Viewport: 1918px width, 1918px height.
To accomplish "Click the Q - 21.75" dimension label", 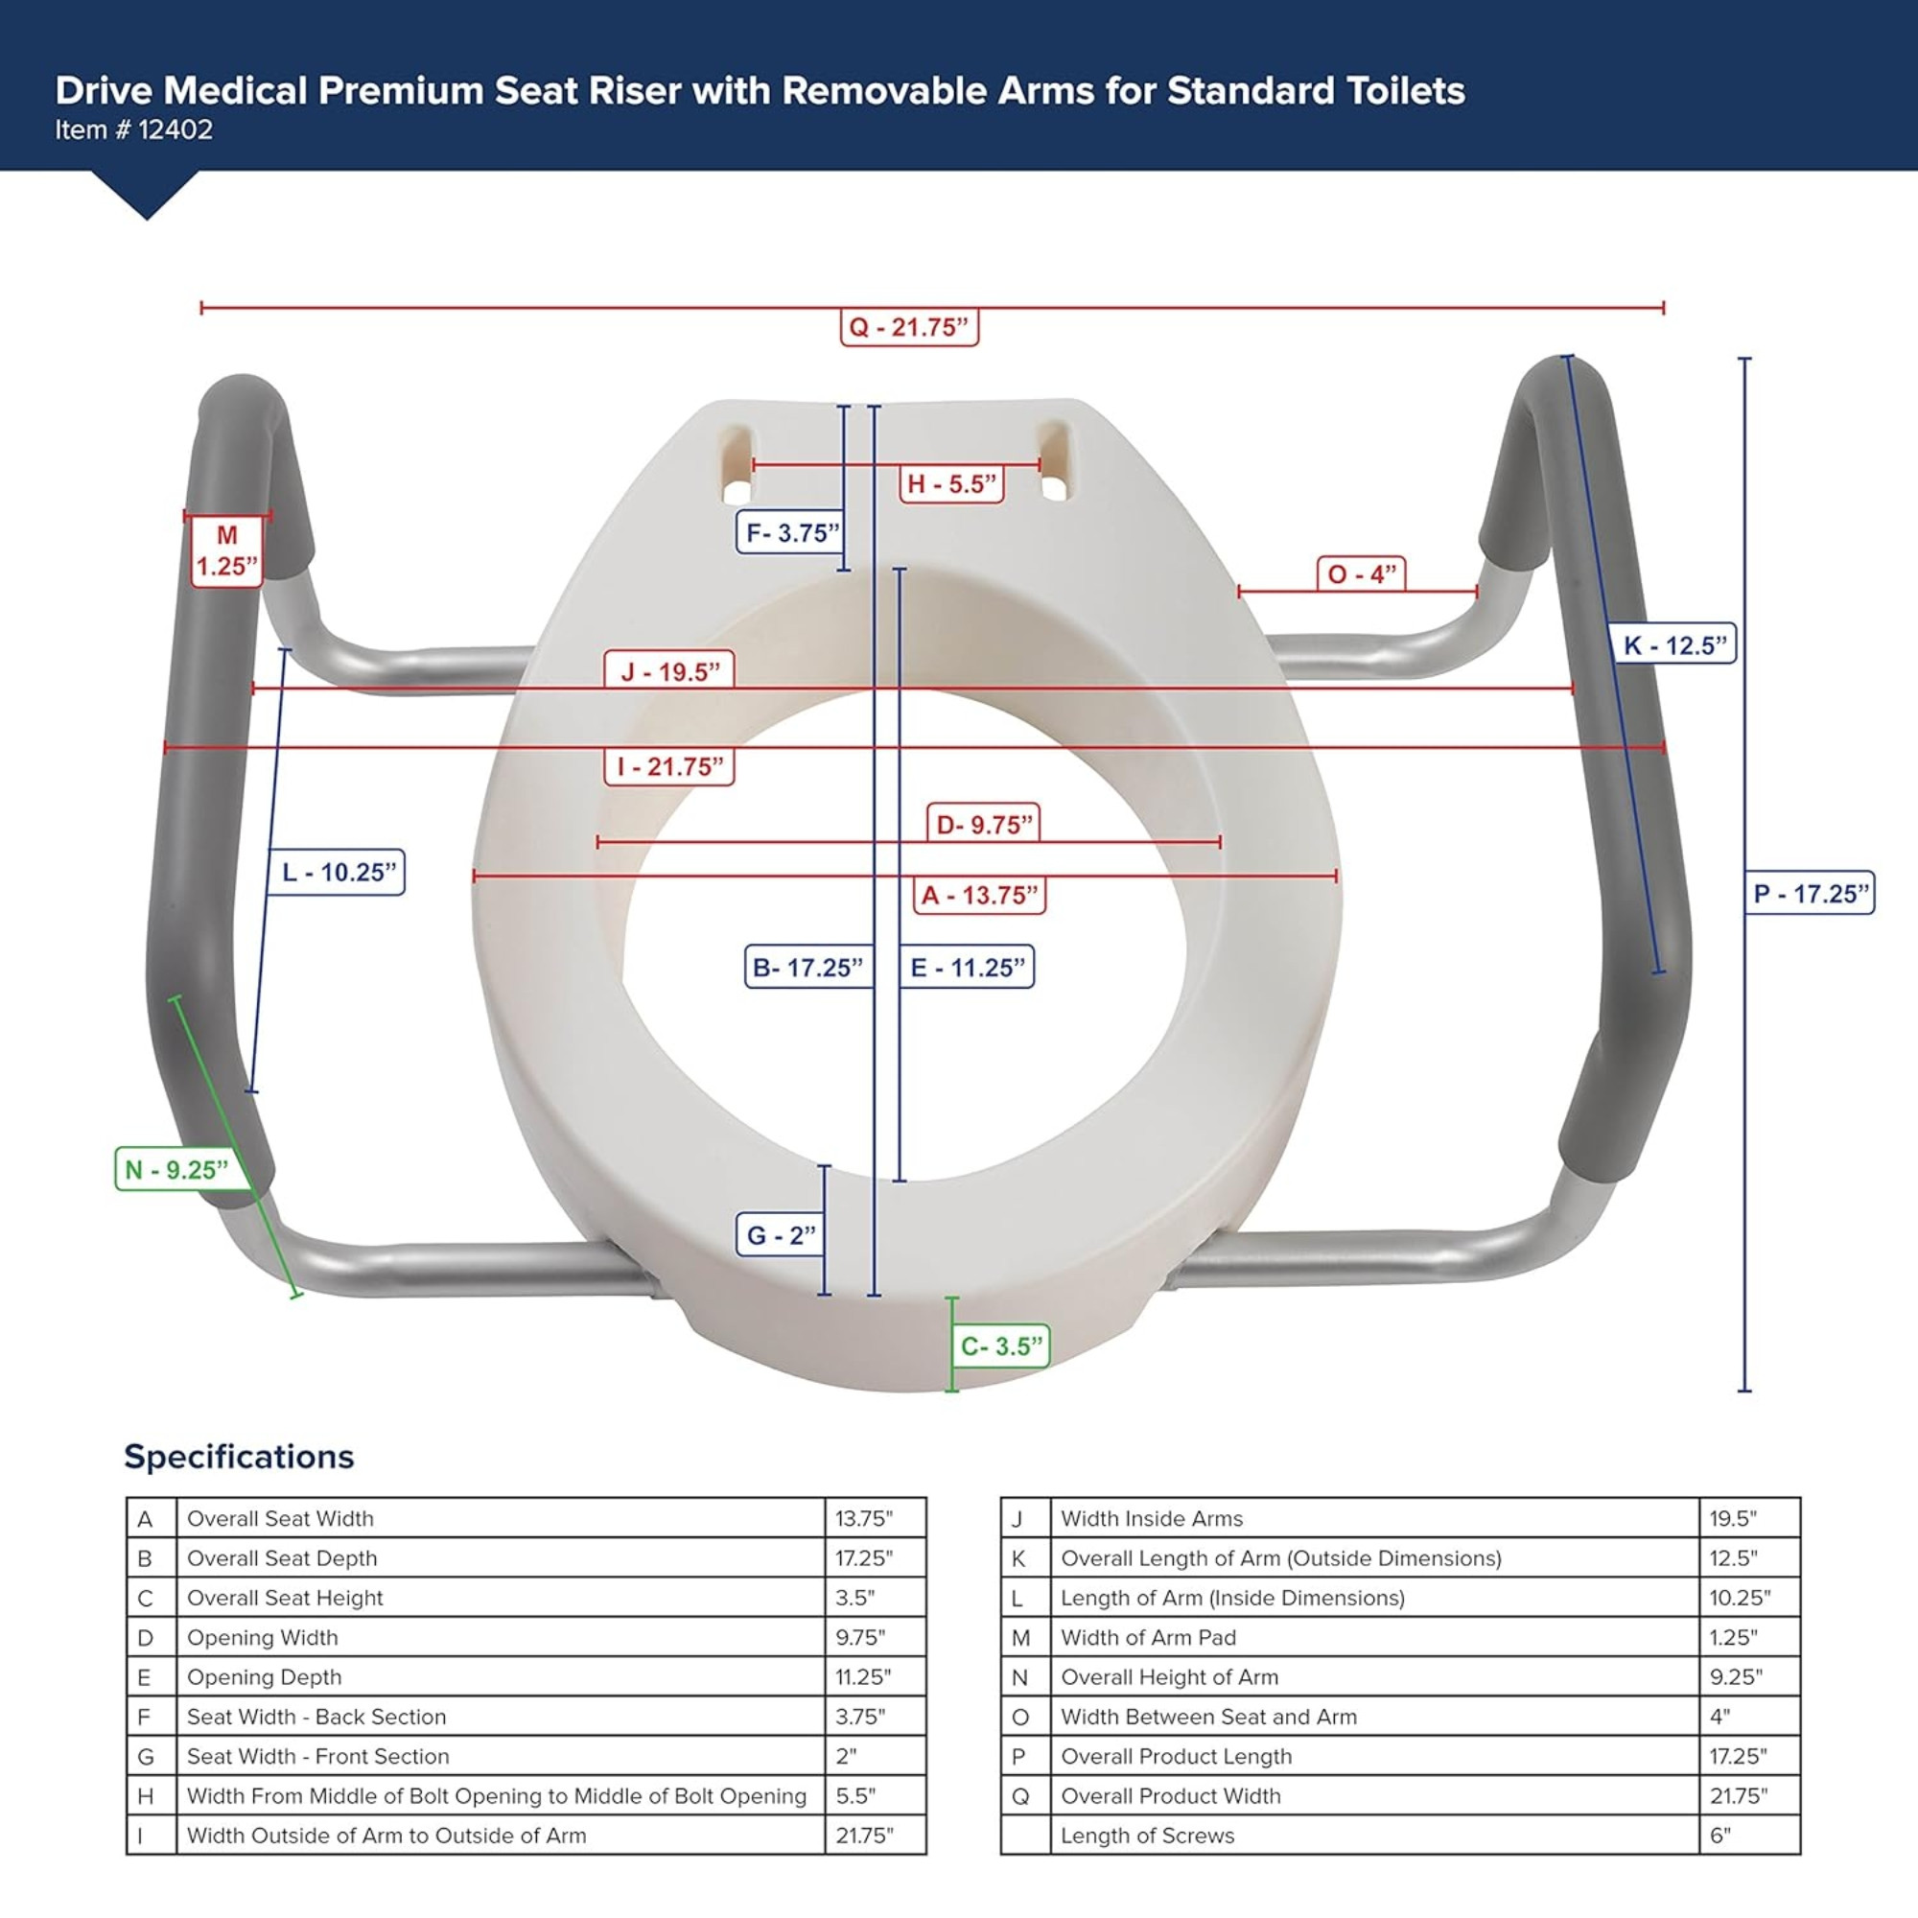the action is pos(908,327).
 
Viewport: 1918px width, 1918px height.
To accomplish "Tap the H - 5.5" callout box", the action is pos(950,483).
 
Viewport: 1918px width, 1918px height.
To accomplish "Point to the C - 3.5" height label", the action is pos(1000,1346).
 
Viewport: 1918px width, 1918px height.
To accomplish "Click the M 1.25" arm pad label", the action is pos(226,551).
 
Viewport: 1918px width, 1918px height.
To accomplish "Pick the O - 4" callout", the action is pos(1361,573).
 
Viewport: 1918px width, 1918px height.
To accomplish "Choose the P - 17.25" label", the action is pos(1810,894).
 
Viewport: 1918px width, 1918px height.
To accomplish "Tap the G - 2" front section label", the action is pos(781,1235).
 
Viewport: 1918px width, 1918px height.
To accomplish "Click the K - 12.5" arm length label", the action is pos(1674,645).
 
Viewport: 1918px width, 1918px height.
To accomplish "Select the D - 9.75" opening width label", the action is pos(984,825).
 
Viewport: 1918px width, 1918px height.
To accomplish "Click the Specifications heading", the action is pos(238,1457).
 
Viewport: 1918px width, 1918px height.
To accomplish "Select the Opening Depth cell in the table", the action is pos(264,1676).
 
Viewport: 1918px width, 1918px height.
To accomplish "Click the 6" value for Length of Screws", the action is pos(1719,1836).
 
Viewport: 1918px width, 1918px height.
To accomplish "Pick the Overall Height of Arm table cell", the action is pos(1169,1676).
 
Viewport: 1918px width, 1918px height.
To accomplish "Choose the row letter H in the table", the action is pos(146,1796).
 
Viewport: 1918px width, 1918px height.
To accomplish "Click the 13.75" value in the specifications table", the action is pos(864,1518).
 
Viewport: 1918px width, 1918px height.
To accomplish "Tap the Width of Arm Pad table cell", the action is pos(1149,1637).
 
